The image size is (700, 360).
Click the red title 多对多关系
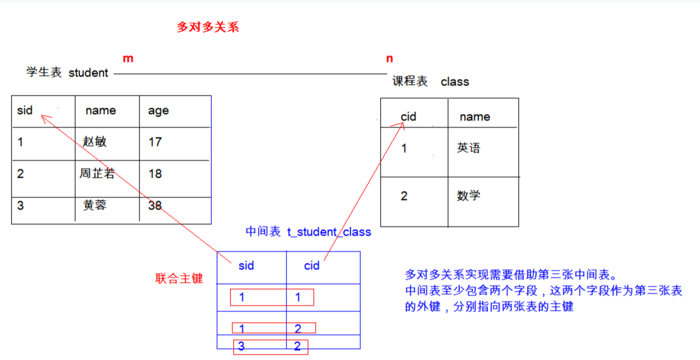coord(207,27)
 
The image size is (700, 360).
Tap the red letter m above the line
coord(128,59)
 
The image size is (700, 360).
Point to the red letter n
coord(389,59)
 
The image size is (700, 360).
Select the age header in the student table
coord(158,111)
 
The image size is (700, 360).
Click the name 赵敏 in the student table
coord(95,142)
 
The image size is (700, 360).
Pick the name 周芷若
coord(97,174)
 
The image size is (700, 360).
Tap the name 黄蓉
coord(95,205)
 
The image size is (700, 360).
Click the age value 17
coord(155,142)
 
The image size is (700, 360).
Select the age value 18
coord(155,174)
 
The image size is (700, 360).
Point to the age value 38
coord(155,206)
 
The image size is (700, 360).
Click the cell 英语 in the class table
coord(468,148)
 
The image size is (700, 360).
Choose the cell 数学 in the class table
coord(468,196)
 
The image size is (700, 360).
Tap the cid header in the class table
coord(408,117)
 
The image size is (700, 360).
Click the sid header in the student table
coord(25,110)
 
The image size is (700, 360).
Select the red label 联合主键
coord(179,279)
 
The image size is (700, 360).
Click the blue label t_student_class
coord(329,232)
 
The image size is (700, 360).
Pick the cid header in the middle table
coord(312,266)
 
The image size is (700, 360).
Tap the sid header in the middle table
coord(246,266)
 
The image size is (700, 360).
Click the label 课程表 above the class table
coord(410,81)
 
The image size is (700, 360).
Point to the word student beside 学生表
coord(88,73)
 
